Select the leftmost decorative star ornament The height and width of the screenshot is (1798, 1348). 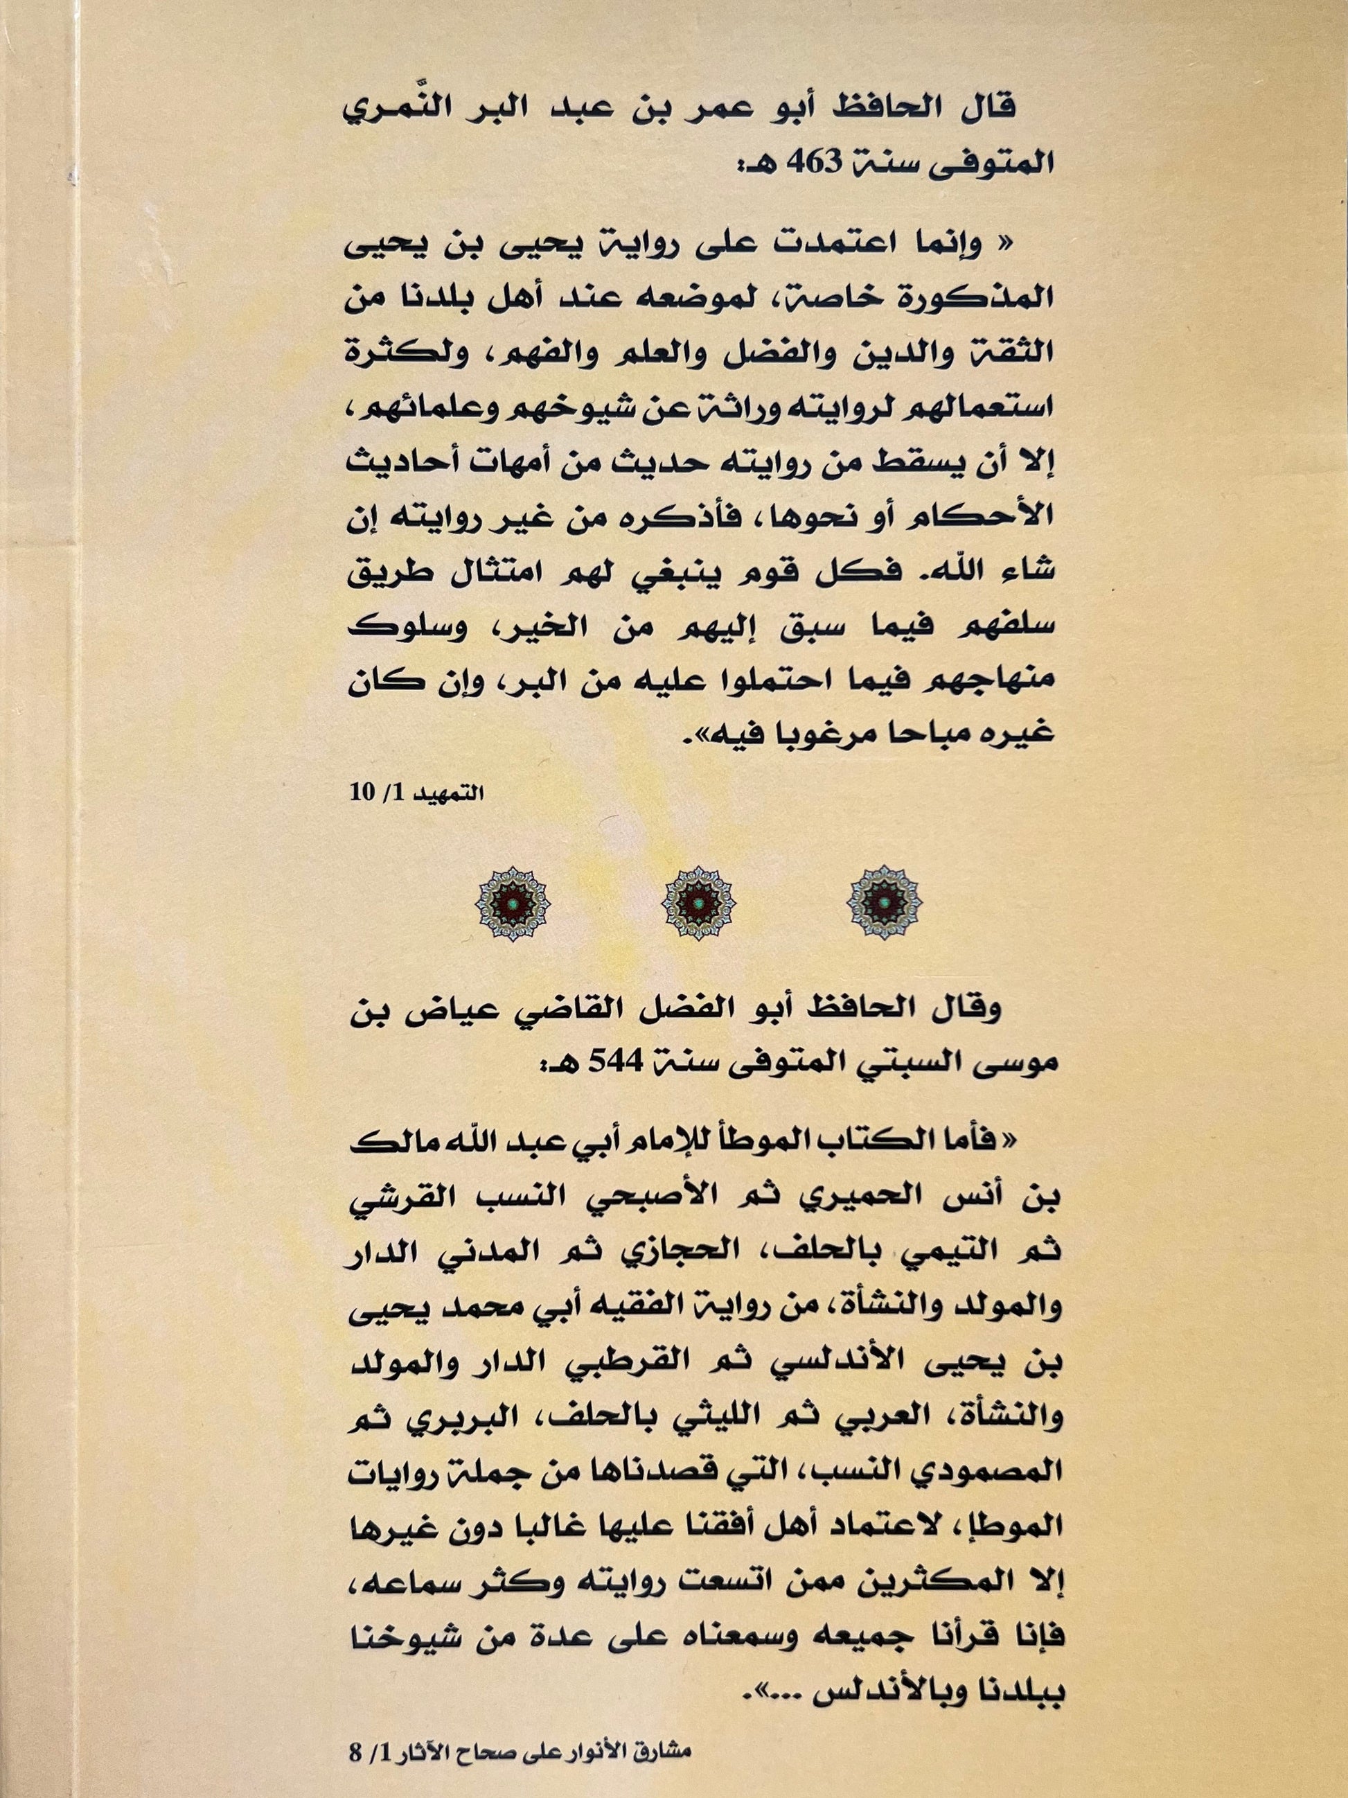512,902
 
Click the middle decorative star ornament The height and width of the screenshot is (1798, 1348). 699,902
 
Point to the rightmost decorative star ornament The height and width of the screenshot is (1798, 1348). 884,902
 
